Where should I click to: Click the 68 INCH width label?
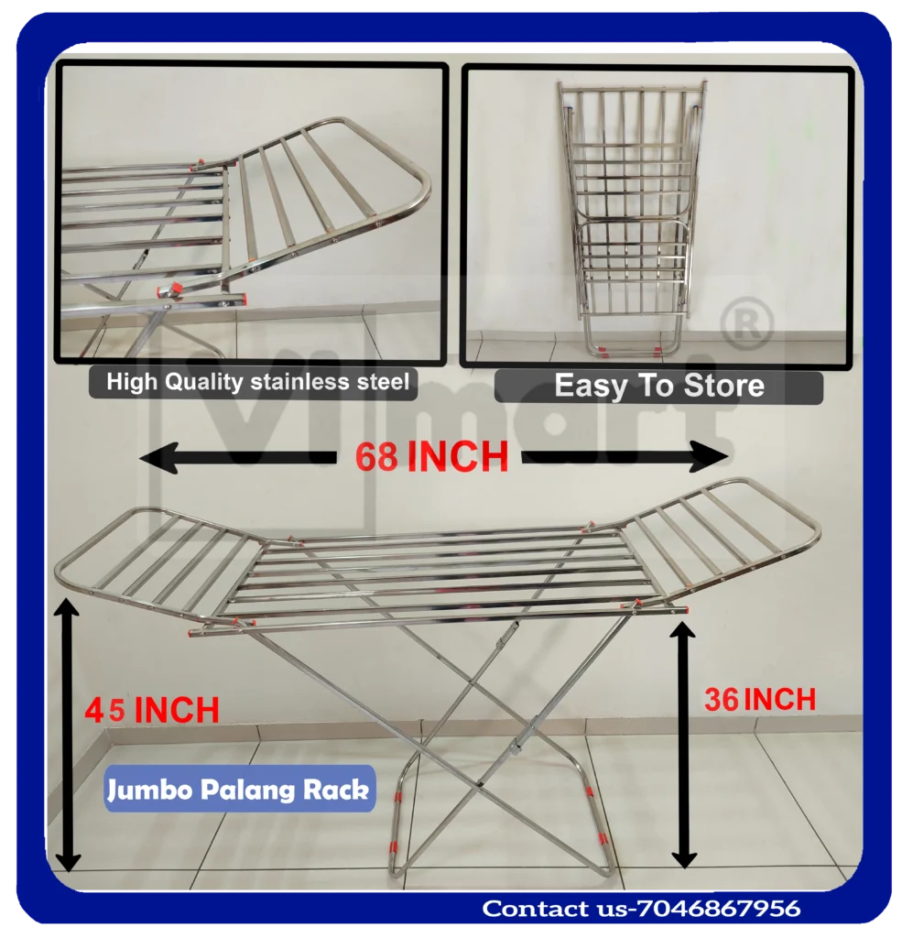[431, 456]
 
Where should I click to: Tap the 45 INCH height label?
[152, 710]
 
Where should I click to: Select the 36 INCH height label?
[759, 700]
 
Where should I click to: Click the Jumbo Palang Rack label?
[239, 790]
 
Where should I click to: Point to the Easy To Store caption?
[658, 386]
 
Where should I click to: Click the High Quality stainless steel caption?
[257, 382]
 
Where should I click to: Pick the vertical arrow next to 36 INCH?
[683, 743]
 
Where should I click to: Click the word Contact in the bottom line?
[534, 909]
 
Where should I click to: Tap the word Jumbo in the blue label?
[145, 790]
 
